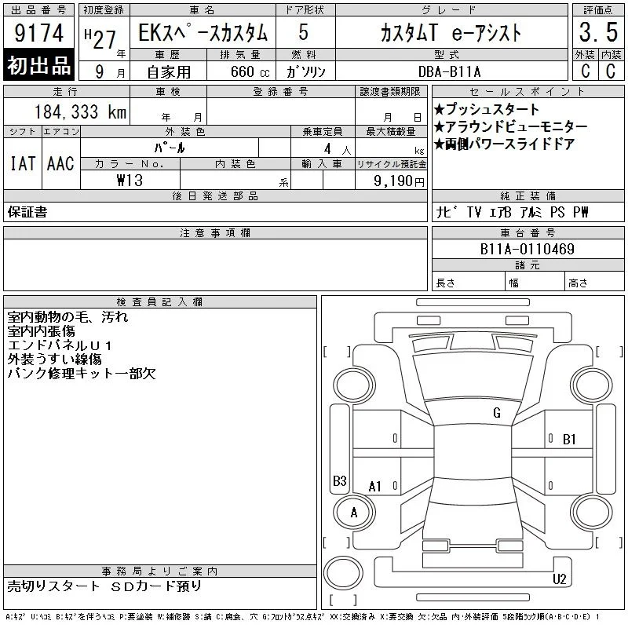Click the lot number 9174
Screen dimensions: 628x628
click(38, 33)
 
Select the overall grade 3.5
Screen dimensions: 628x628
click(598, 32)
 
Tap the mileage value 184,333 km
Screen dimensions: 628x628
click(80, 112)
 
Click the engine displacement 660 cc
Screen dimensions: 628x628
click(250, 72)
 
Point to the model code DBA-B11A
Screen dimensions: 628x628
click(449, 72)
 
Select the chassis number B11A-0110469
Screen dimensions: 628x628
click(527, 249)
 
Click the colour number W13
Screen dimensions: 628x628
click(130, 181)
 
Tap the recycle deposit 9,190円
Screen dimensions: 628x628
click(399, 181)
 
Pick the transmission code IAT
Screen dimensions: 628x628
click(23, 163)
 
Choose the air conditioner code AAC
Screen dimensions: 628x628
click(60, 163)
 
